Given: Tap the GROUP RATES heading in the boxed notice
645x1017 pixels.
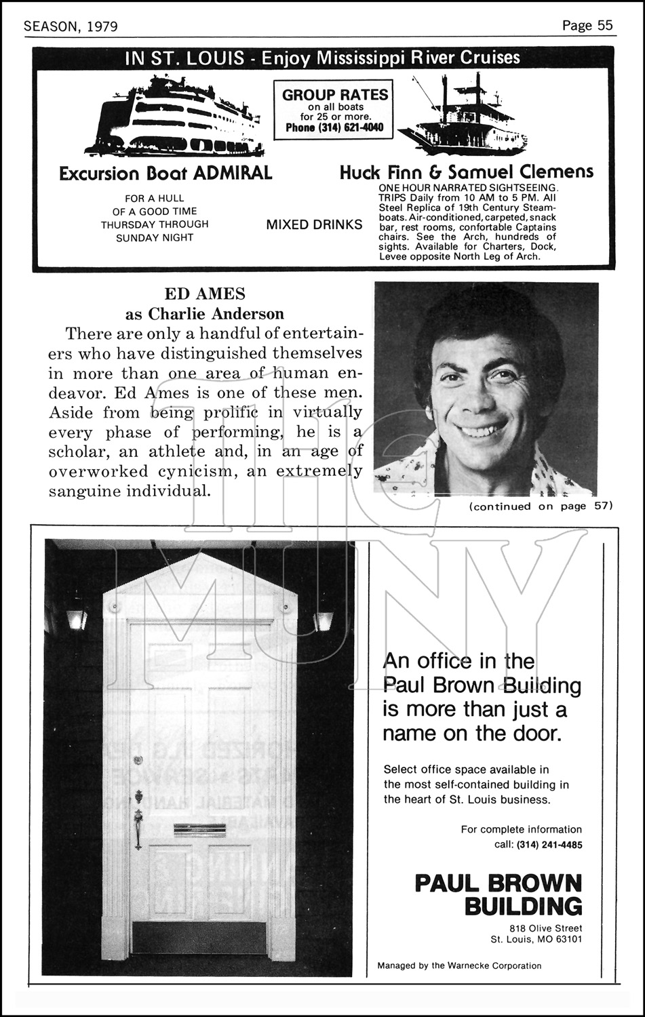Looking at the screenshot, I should [x=334, y=95].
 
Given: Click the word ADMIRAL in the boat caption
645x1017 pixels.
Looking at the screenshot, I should [x=233, y=173].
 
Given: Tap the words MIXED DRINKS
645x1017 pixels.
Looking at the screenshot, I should [x=314, y=224].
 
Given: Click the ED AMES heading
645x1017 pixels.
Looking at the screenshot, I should [x=205, y=294].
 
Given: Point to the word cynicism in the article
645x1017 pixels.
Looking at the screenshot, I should [x=187, y=471].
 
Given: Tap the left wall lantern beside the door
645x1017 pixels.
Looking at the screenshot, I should [x=76, y=618].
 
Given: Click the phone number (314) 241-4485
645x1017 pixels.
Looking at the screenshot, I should [x=549, y=845].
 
